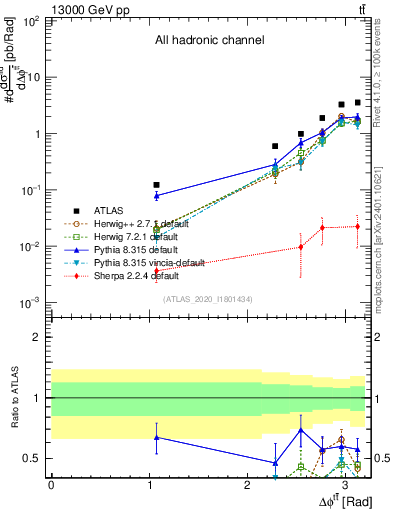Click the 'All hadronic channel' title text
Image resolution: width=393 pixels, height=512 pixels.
tap(209, 41)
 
